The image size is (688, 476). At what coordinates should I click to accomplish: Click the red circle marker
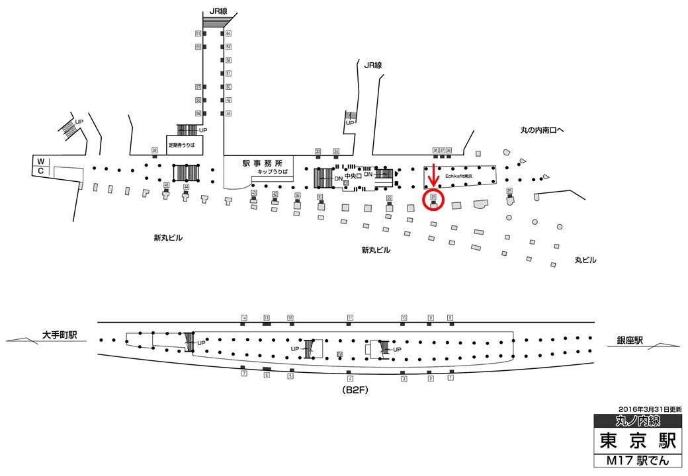pos(433,199)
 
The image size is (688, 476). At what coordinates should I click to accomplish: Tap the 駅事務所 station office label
pos(263,163)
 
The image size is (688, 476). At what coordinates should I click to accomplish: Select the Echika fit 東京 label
pos(459,177)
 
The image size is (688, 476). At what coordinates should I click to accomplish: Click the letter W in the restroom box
pos(40,161)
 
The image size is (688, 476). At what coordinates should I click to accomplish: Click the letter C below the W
pos(40,171)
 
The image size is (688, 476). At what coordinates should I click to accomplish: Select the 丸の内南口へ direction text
pos(541,130)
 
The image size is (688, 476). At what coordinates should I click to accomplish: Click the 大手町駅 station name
pos(60,335)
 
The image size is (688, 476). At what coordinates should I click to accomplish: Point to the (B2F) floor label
pos(355,390)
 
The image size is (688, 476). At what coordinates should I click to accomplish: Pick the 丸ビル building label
pos(585,260)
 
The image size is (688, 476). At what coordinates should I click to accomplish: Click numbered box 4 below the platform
pos(350,379)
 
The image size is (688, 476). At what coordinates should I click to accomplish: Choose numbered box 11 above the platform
pos(350,318)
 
